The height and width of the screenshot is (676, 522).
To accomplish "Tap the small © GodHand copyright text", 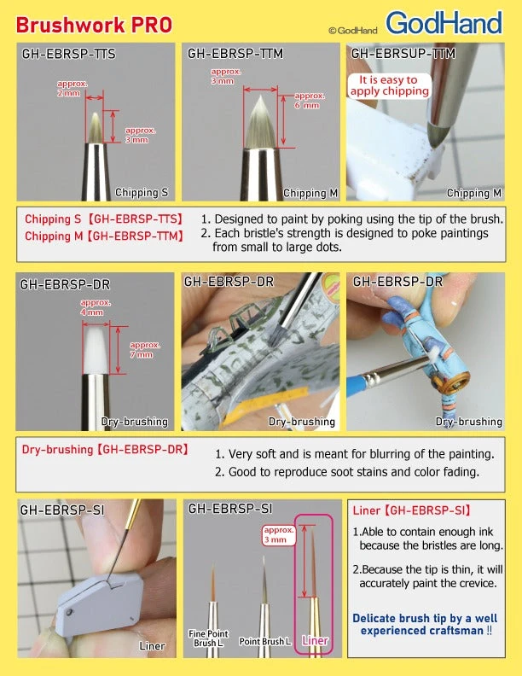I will (x=354, y=30).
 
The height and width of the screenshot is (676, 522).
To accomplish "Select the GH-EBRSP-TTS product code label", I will (x=68, y=54).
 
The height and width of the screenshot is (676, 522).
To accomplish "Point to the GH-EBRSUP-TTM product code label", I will (x=403, y=54).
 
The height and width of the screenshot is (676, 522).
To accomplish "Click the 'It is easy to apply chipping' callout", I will (x=389, y=85).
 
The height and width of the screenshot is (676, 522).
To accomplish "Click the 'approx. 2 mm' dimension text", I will (x=71, y=88).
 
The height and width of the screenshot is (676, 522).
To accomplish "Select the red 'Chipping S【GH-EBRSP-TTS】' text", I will (x=103, y=219).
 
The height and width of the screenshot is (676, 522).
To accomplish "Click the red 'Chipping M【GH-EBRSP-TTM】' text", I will (x=103, y=236).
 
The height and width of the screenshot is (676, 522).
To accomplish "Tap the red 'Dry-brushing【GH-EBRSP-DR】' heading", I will (x=105, y=449).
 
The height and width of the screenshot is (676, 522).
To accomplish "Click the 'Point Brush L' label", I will (x=264, y=641).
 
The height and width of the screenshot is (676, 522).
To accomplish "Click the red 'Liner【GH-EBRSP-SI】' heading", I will (x=411, y=511).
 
